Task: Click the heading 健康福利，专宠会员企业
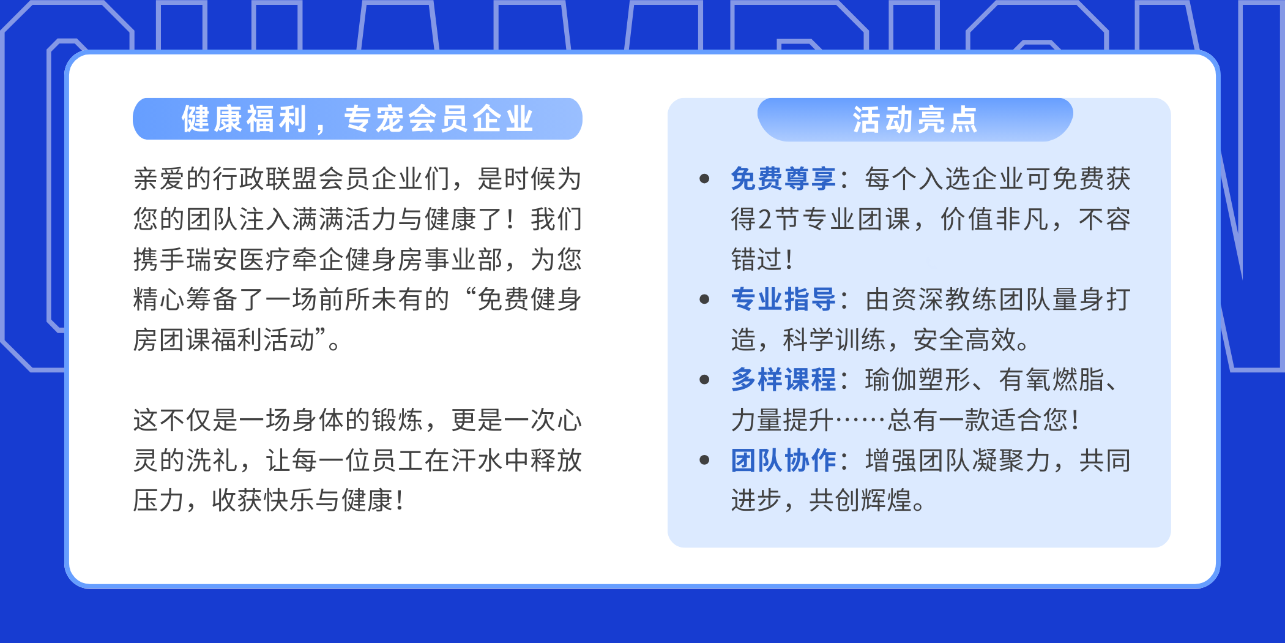click(x=357, y=119)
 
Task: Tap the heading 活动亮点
click(x=915, y=119)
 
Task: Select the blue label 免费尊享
click(x=784, y=179)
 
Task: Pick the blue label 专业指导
click(x=784, y=299)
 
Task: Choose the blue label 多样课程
click(x=784, y=380)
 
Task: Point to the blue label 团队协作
click(x=784, y=461)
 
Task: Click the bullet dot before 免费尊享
click(x=704, y=179)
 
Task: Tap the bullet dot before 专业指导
click(x=704, y=299)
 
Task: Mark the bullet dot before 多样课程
click(x=704, y=380)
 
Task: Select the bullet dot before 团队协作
click(x=704, y=461)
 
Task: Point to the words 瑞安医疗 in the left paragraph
click(x=239, y=260)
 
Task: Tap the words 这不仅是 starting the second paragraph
click(x=186, y=420)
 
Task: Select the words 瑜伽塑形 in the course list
click(x=918, y=380)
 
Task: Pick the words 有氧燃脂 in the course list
click(x=1052, y=380)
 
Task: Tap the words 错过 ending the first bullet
click(x=758, y=260)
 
